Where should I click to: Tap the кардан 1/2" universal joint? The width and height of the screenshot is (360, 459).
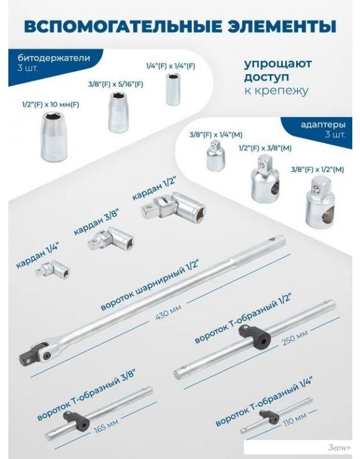coord(173,205)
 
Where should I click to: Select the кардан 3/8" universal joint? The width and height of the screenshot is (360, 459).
coord(111,239)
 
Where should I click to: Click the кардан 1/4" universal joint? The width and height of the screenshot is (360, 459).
coord(53,269)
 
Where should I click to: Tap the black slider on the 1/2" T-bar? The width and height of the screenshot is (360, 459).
coord(255,336)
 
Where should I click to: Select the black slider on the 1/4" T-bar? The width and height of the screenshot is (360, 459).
coord(267,416)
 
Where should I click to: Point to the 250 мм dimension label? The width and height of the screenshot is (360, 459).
coord(295,338)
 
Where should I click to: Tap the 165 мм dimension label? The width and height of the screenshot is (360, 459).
coord(106,426)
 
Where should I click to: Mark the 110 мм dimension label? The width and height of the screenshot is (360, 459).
coord(295,418)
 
